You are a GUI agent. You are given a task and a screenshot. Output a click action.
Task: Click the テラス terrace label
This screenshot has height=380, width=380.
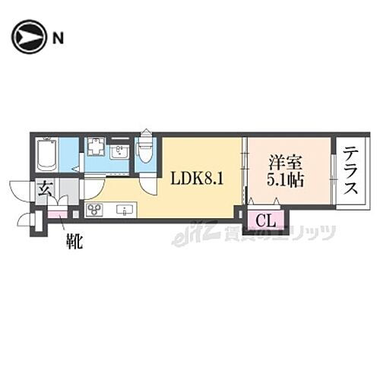[350, 171]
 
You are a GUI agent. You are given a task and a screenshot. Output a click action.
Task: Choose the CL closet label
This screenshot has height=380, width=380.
[265, 221]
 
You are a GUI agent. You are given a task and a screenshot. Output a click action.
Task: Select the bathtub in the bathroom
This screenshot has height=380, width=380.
[46, 154]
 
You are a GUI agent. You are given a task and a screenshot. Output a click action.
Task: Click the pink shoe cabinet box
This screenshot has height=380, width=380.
[57, 214]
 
